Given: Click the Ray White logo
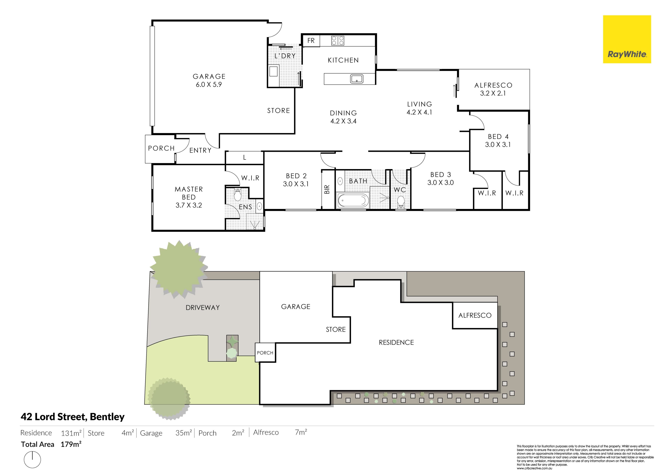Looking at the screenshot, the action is tap(627, 39).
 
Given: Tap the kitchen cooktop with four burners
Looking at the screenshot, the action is tap(338, 40).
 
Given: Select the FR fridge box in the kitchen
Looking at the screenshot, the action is tap(311, 40).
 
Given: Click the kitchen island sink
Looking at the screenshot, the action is tap(356, 79).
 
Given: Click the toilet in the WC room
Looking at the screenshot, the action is tap(401, 201).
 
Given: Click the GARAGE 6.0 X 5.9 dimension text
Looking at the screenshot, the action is tap(209, 84).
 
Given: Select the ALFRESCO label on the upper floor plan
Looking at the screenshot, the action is tap(493, 85).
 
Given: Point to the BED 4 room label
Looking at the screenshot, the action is tap(498, 137).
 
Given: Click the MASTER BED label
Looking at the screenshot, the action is tap(189, 193).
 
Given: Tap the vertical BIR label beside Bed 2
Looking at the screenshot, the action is tap(327, 189).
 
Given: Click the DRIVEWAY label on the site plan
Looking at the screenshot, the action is tap(202, 308).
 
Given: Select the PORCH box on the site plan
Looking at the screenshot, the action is tap(265, 352).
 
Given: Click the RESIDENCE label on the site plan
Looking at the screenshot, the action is tap(396, 343).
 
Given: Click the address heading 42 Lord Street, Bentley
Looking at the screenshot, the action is tap(72, 417).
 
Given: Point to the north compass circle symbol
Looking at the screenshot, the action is tap(32, 460).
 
